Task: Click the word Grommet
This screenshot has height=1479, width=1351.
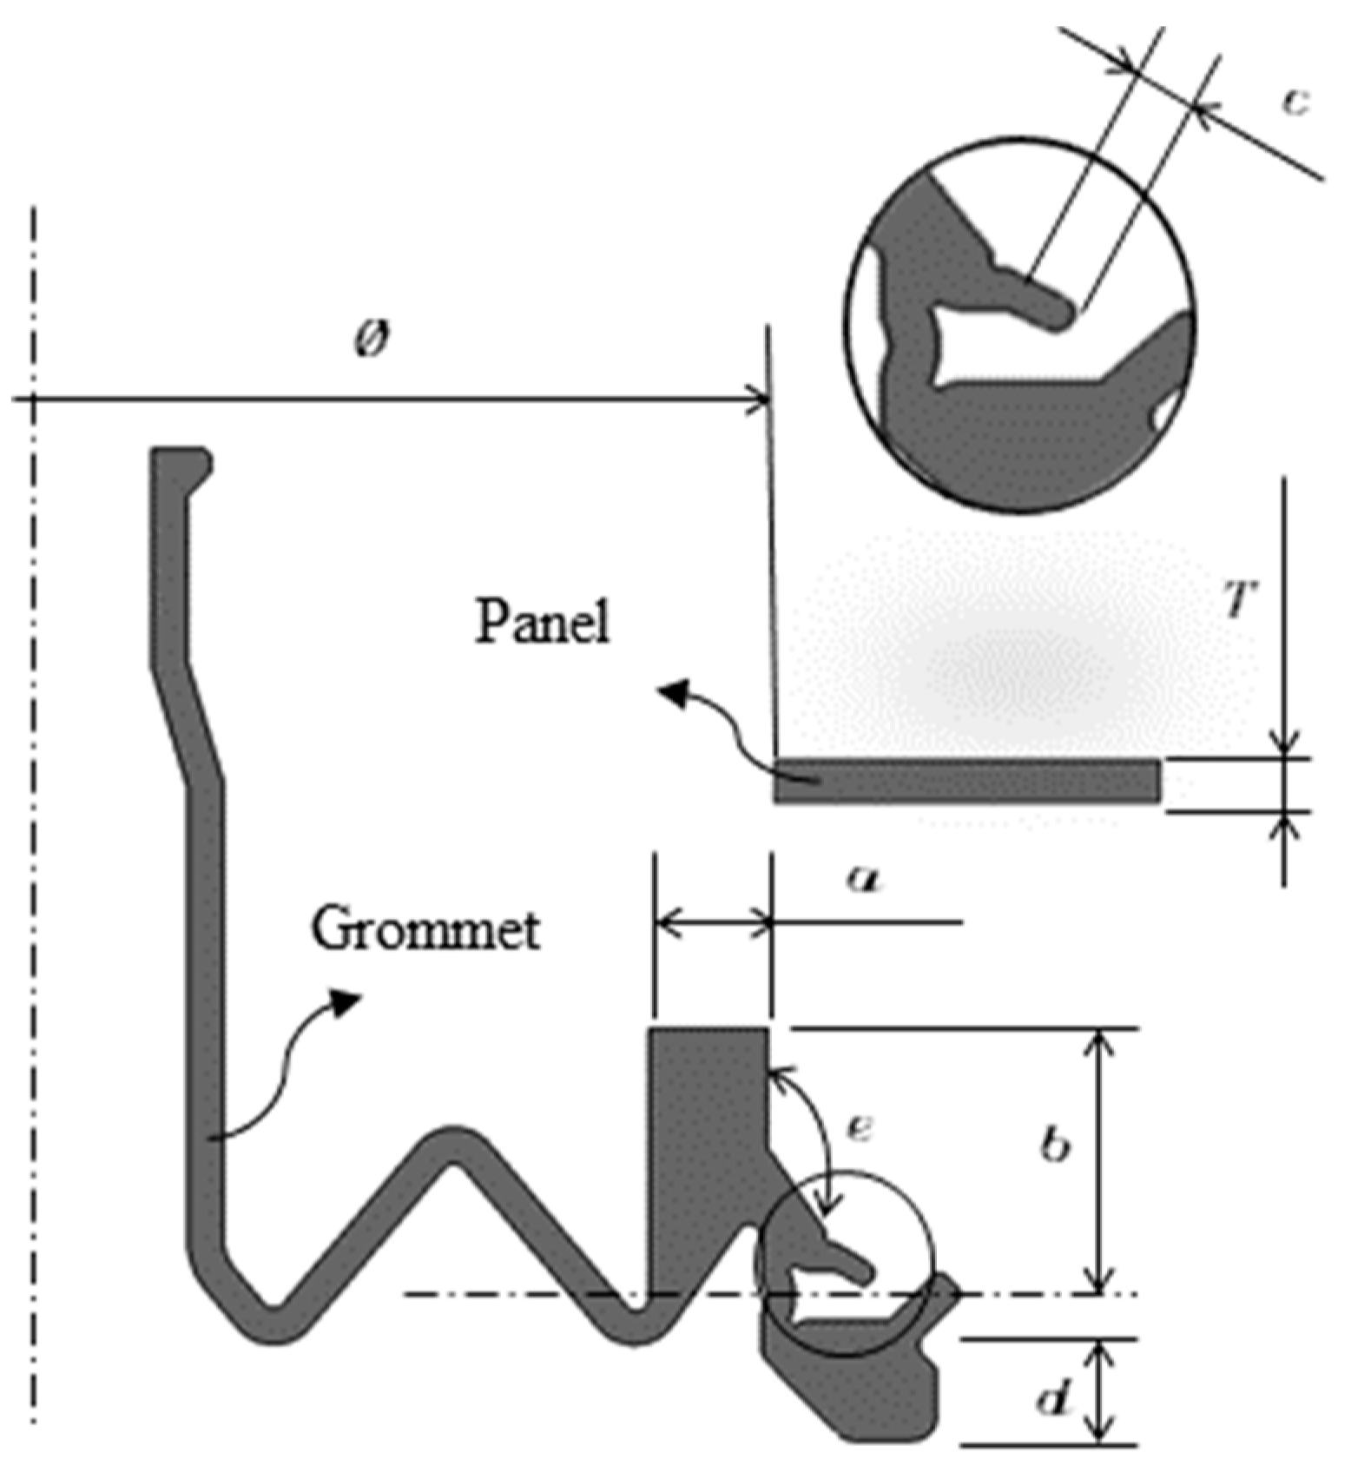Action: (x=425, y=929)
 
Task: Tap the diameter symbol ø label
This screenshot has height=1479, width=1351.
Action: (x=372, y=340)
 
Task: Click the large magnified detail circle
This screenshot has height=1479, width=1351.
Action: (x=1020, y=323)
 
